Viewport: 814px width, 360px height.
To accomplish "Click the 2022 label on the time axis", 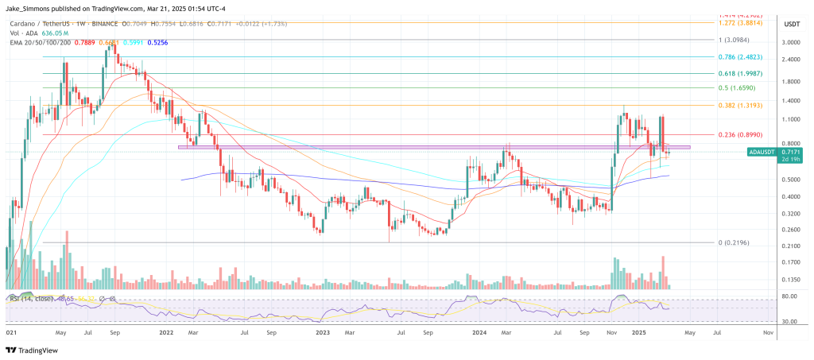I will coord(167,335).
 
